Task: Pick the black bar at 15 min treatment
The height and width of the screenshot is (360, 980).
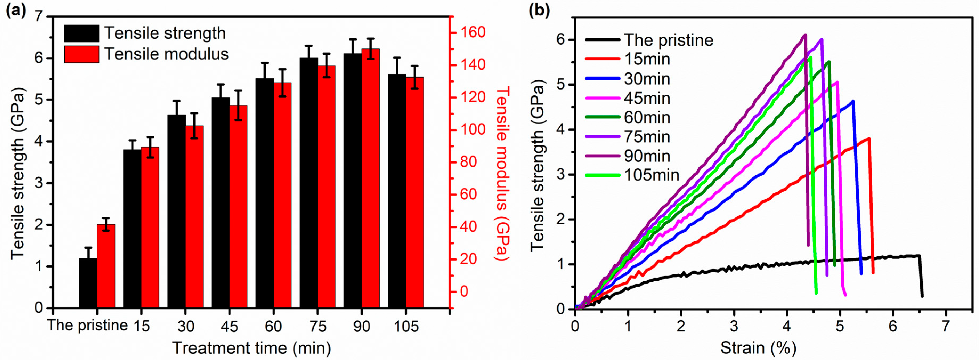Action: pyautogui.click(x=132, y=228)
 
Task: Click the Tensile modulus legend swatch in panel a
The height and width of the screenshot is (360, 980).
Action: pyautogui.click(x=82, y=54)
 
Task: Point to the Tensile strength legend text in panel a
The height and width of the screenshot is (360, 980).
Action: pyautogui.click(x=165, y=33)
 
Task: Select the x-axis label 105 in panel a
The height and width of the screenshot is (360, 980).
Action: pyautogui.click(x=406, y=326)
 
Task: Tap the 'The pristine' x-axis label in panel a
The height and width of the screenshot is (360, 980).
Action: pyautogui.click(x=87, y=325)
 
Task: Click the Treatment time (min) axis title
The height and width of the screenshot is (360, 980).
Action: pyautogui.click(x=251, y=348)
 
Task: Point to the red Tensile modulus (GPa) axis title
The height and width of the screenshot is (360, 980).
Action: pyautogui.click(x=502, y=173)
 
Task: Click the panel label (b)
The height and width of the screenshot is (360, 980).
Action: pyautogui.click(x=539, y=10)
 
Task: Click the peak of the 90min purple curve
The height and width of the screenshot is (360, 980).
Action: pyautogui.click(x=805, y=35)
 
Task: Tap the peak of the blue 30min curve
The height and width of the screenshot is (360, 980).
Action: pyautogui.click(x=853, y=101)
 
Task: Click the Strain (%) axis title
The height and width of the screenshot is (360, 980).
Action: pyautogui.click(x=758, y=348)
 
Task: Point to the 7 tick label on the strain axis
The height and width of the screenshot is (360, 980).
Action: pyautogui.click(x=946, y=326)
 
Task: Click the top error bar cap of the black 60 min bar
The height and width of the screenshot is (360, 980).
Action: pyautogui.click(x=265, y=63)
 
